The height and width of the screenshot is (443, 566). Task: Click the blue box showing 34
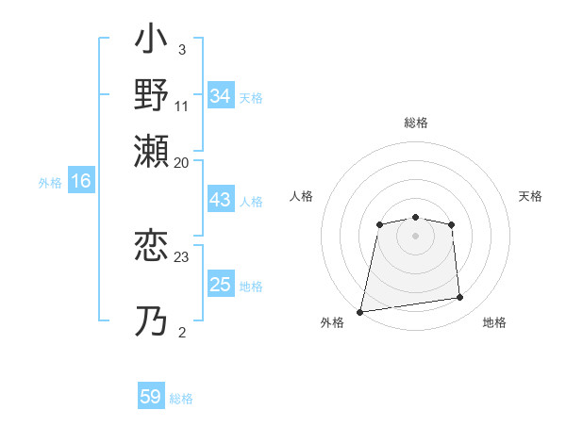pos(221,95)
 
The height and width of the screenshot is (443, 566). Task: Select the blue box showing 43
pos(221,201)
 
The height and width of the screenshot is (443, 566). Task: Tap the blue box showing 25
pos(221,285)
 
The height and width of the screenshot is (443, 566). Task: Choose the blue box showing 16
pos(81,182)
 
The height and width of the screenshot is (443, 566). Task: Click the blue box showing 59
pos(151,397)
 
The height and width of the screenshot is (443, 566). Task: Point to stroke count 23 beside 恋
pos(182,256)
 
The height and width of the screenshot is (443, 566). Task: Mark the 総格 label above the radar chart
pos(415,123)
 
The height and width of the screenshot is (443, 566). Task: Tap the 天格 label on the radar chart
pos(531,196)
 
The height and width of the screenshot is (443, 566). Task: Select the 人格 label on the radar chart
pos(301,196)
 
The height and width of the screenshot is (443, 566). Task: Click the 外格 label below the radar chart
pos(332,323)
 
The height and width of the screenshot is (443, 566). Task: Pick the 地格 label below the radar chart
pos(494,323)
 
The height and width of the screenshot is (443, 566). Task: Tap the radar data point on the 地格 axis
pos(460,298)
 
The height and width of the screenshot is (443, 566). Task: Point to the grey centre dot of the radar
pos(415,235)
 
